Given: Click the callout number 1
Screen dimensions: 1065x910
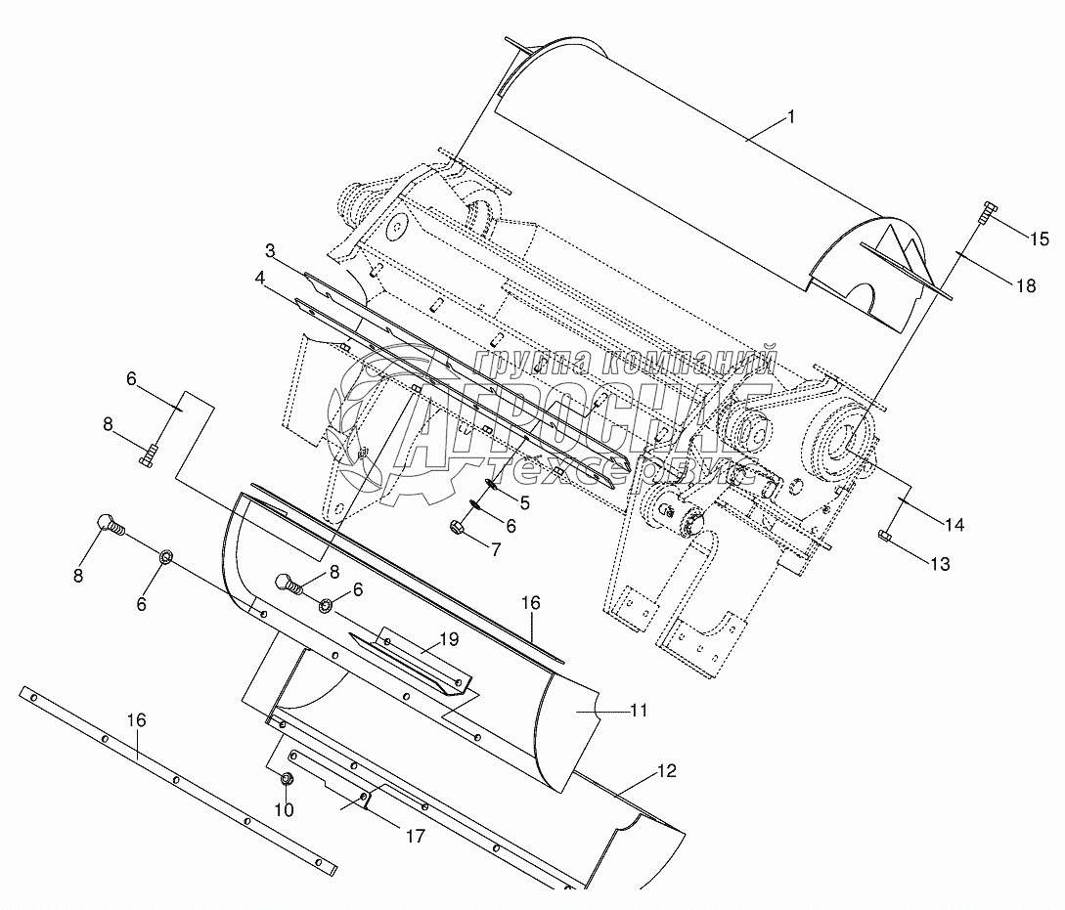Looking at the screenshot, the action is [x=791, y=117].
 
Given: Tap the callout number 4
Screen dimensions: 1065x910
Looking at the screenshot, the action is [x=260, y=279].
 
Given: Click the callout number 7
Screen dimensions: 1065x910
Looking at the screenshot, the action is [x=496, y=549].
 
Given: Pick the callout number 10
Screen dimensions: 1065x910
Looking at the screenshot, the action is [x=284, y=810].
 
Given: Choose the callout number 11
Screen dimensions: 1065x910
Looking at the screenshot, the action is [x=638, y=711].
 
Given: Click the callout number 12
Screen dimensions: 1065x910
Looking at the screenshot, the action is [x=665, y=771].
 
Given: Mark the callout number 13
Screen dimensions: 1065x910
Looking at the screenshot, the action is [x=939, y=564].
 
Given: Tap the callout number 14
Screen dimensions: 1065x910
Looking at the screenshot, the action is [x=954, y=525].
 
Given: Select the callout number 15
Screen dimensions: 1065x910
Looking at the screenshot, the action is [x=1038, y=238].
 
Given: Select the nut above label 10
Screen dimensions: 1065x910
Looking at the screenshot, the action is [x=286, y=779].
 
